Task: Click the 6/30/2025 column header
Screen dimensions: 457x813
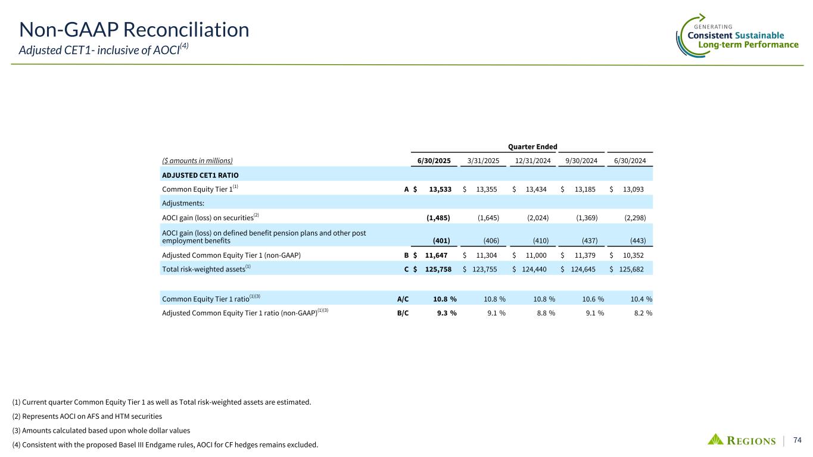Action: [433, 161]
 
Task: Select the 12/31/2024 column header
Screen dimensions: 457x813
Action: [532, 161]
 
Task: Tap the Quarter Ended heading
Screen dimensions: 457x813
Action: [532, 147]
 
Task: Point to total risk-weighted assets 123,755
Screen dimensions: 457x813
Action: [486, 270]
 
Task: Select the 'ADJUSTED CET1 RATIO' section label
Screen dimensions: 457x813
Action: [196, 175]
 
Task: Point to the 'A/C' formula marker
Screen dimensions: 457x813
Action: [403, 299]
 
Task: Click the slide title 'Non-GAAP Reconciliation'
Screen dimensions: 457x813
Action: [134, 29]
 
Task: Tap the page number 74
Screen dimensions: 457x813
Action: [798, 440]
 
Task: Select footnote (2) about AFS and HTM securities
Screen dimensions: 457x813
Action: [87, 416]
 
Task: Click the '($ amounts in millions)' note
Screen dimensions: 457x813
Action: [197, 161]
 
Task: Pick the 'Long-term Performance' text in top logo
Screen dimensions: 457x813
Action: [748, 45]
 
